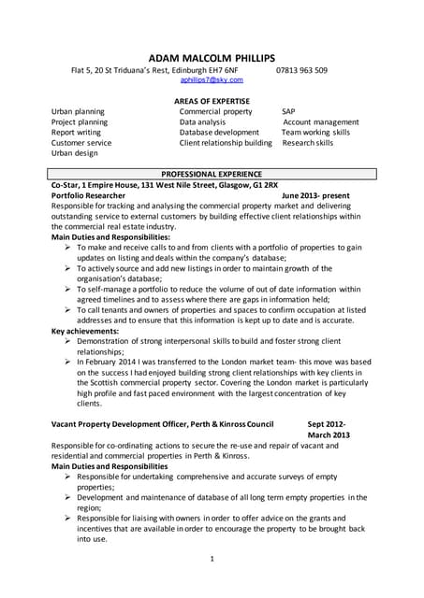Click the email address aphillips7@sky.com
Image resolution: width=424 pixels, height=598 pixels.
point(212,81)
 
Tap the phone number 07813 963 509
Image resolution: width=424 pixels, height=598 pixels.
point(301,70)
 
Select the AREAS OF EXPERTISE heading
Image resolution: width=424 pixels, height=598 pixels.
point(212,100)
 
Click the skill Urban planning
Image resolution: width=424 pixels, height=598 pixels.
point(78,111)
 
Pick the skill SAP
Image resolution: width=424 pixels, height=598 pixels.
point(288,111)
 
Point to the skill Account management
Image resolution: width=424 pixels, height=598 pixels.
point(322,122)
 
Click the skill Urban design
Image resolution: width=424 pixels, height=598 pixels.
point(74,154)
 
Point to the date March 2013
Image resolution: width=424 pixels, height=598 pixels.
point(328,434)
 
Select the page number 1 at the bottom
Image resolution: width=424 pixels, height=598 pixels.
point(212,559)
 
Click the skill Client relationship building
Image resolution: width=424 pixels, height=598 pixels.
point(226,143)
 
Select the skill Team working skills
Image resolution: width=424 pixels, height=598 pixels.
point(315,133)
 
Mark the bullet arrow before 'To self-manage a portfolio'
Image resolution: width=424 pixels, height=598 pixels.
point(68,290)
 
